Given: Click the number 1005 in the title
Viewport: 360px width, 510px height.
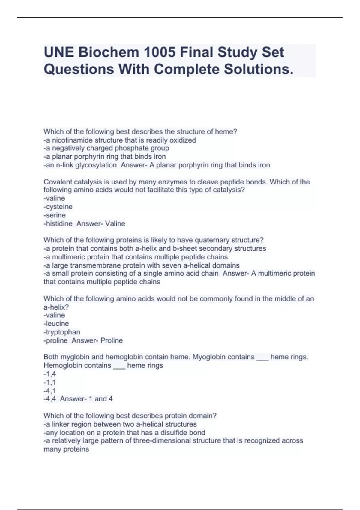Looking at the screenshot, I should click(159, 52).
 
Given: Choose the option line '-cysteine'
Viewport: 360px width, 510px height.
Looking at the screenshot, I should click(58, 207).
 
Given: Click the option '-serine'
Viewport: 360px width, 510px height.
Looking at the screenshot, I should click(55, 215).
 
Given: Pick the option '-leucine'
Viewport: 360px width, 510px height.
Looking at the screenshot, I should click(56, 324).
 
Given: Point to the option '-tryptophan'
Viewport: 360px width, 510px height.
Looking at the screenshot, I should click(62, 332).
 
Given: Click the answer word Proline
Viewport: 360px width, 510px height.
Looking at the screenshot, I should click(112, 340).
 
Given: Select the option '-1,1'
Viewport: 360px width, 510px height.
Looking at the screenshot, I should click(50, 382).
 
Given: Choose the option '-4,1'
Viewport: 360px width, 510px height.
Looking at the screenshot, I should click(50, 391).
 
